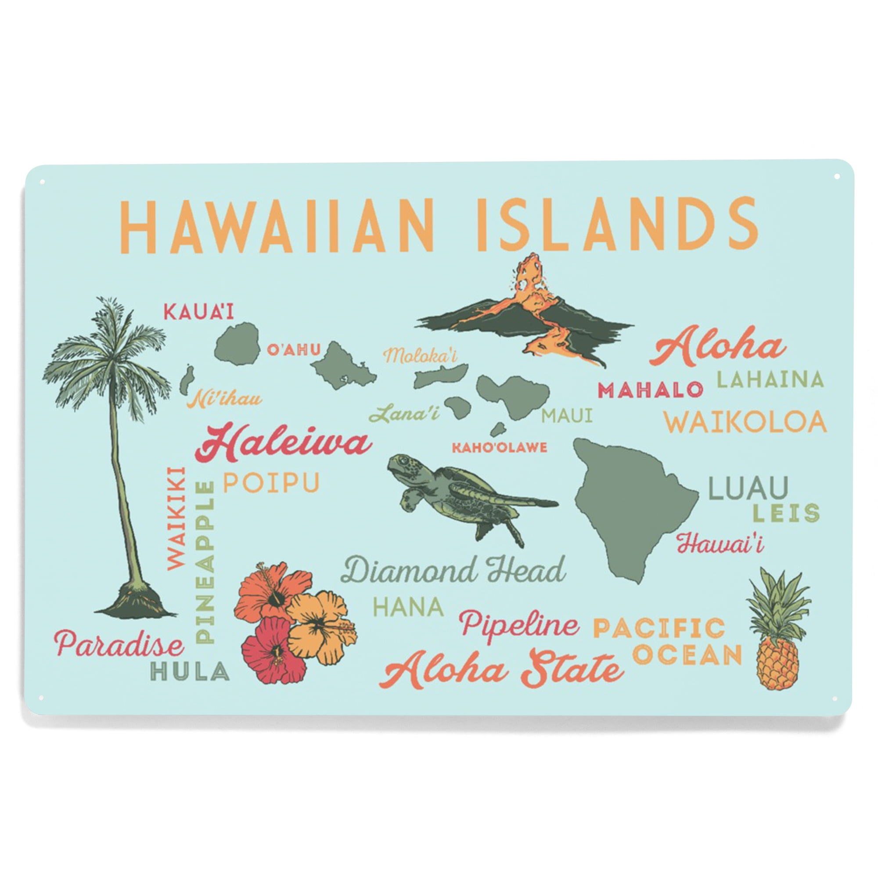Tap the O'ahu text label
click(294, 350)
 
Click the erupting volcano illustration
click(527, 313)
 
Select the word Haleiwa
click(283, 443)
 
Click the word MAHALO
click(650, 390)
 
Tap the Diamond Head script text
click(453, 570)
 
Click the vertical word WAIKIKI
click(176, 518)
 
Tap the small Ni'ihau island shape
click(187, 380)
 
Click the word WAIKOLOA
click(745, 422)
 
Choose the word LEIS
click(786, 513)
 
